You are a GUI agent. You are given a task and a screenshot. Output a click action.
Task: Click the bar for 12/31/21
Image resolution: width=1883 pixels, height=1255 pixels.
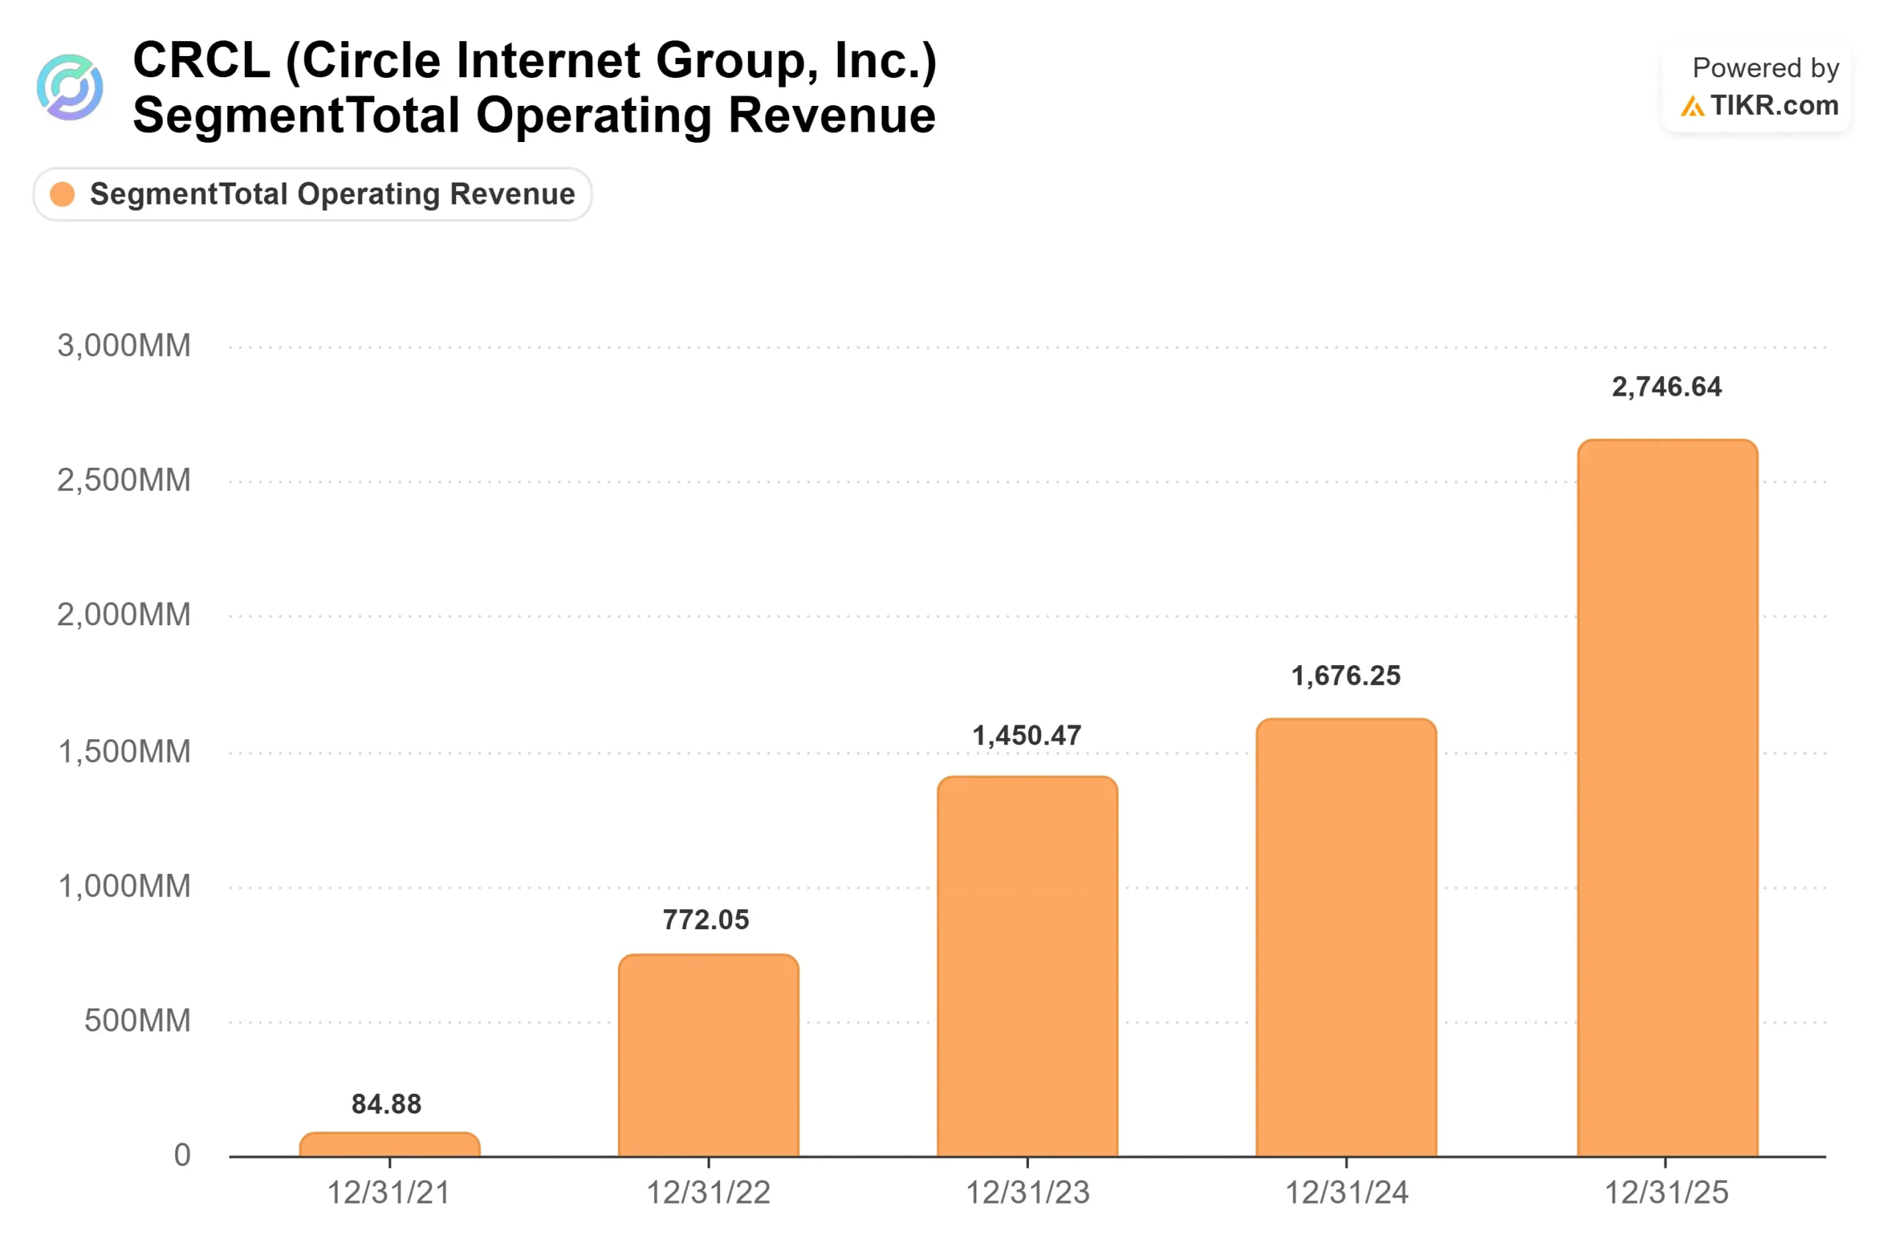390,1144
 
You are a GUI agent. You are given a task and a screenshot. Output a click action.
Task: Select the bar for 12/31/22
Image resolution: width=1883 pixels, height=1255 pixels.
708,1055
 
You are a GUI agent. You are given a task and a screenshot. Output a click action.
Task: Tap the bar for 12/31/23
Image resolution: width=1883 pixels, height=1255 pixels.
1028,966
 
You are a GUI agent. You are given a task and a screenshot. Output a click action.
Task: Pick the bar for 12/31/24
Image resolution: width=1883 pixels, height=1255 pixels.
1346,937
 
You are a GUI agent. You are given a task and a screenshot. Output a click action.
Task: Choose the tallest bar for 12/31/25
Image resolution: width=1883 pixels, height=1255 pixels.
1667,798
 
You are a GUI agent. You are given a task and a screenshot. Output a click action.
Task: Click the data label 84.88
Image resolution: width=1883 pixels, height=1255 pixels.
386,1104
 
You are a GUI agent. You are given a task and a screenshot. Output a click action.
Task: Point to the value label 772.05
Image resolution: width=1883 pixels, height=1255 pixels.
706,920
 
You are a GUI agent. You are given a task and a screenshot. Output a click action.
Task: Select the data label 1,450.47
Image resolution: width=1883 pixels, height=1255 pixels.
1027,736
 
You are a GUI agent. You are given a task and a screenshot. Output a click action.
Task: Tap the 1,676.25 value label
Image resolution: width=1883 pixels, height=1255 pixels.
1346,675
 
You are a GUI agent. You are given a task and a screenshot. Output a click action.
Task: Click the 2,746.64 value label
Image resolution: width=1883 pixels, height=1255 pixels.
1667,388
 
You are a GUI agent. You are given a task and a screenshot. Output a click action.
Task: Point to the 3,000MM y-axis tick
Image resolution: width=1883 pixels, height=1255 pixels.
124,346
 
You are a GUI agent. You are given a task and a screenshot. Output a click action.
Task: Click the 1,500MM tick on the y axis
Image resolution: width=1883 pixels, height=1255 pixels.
125,752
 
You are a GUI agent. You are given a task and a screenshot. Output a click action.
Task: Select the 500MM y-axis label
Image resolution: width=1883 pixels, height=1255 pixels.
138,1020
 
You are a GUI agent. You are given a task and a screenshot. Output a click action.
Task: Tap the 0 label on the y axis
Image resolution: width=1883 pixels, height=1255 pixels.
182,1155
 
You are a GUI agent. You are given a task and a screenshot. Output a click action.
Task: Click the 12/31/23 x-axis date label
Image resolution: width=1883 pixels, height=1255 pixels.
1028,1192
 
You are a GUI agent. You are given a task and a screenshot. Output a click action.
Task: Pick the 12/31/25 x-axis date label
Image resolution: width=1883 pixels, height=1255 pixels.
1666,1192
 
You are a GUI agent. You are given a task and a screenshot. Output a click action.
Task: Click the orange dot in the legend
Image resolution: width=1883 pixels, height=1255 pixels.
63,193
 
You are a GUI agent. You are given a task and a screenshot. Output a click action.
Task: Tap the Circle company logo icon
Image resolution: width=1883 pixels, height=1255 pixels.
70,88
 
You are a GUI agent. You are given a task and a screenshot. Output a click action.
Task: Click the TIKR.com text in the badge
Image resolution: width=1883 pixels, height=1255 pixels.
1775,106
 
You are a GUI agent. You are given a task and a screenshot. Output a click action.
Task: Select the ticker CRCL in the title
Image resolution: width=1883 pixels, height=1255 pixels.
202,60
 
